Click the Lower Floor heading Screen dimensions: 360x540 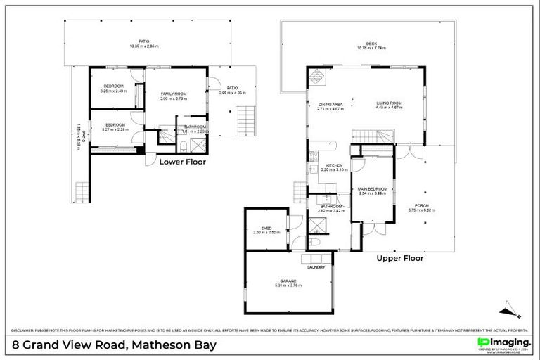(x=182, y=161)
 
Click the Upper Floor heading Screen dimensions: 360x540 (x=399, y=258)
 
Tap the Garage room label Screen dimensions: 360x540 (x=288, y=281)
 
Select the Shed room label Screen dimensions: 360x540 (x=266, y=228)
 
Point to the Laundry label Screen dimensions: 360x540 (x=316, y=267)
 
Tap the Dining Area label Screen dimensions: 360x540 (x=330, y=104)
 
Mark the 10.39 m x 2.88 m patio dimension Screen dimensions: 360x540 (x=144, y=46)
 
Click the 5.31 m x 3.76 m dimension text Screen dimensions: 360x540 (x=288, y=285)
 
